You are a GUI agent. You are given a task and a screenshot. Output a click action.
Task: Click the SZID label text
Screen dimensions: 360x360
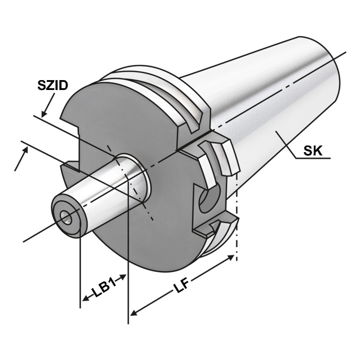pyautogui.click(x=52, y=85)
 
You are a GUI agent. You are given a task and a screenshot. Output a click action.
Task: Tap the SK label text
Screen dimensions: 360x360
pyautogui.click(x=312, y=151)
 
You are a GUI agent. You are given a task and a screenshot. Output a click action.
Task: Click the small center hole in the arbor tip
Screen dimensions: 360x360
pyautogui.click(x=66, y=218)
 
